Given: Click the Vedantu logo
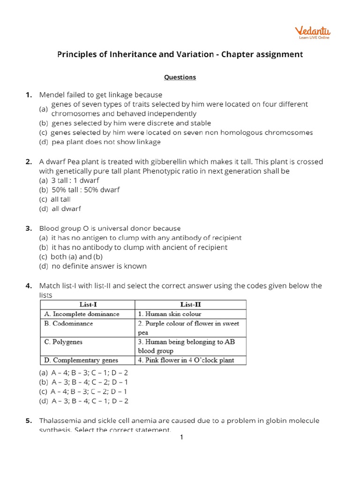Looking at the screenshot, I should click(x=312, y=32).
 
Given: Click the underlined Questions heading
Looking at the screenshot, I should click(x=180, y=77).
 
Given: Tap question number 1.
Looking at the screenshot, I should click(x=29, y=95).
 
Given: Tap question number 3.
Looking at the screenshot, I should click(x=29, y=228).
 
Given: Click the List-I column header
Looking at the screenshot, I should click(x=88, y=305).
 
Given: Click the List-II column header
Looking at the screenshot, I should click(x=190, y=305).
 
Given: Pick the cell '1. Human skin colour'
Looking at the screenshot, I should click(x=170, y=314).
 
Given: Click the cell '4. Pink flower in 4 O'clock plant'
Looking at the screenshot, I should click(x=186, y=360).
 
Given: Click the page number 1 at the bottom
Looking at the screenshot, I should click(x=181, y=437).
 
